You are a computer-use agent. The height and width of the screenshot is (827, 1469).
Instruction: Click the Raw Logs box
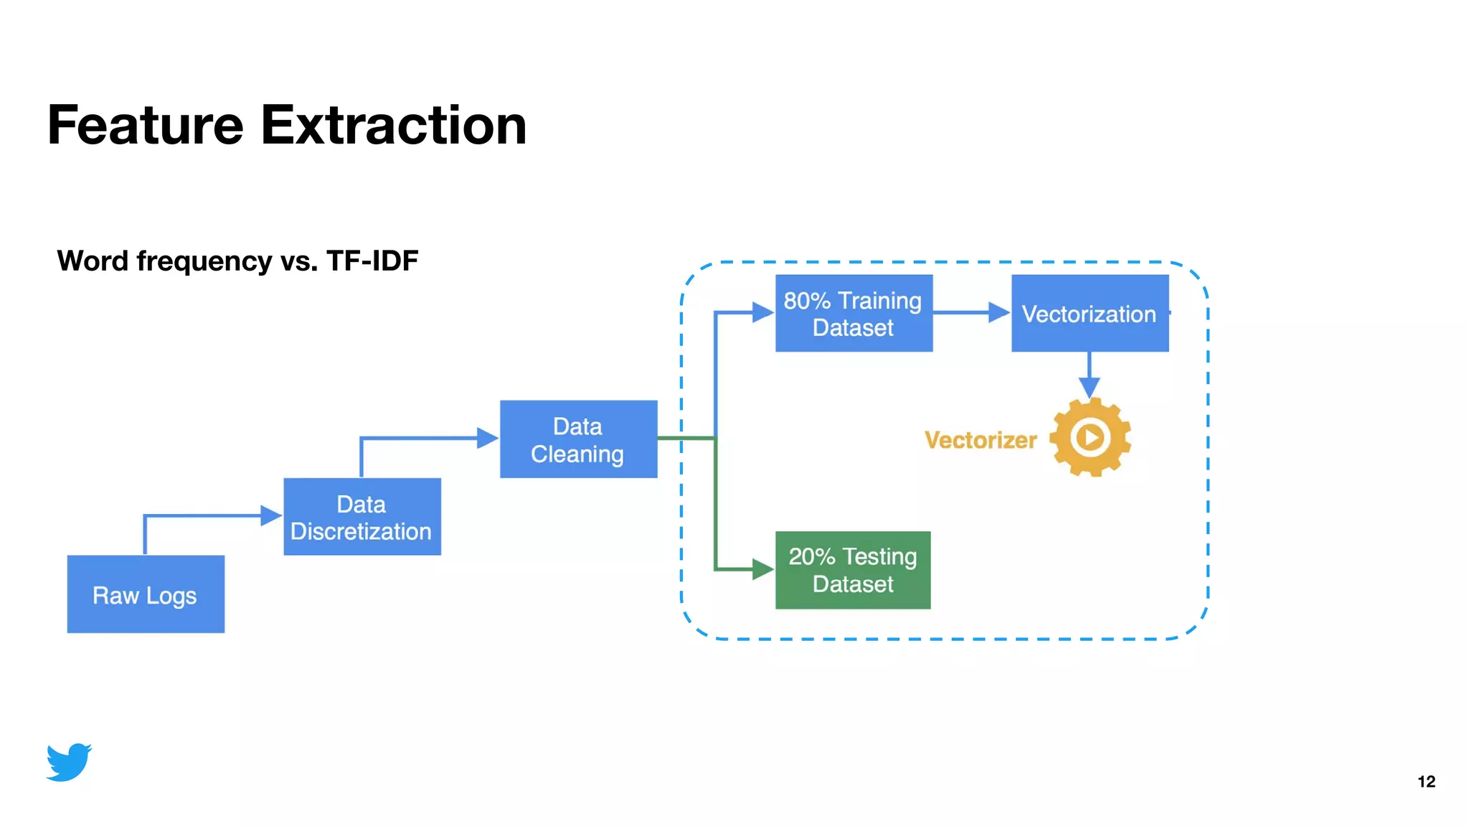(x=146, y=594)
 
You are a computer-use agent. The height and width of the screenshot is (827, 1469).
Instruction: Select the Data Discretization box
(x=362, y=517)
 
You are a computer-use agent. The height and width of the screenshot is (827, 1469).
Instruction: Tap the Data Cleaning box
(x=578, y=439)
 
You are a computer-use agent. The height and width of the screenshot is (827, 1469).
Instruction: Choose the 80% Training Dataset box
(x=854, y=313)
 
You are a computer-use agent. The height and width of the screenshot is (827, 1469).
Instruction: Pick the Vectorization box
(x=1090, y=313)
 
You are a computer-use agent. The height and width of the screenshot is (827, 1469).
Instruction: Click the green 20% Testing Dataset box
(x=853, y=570)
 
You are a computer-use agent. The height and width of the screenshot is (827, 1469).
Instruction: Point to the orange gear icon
(x=1090, y=437)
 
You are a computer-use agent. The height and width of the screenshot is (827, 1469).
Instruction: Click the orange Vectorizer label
(x=981, y=439)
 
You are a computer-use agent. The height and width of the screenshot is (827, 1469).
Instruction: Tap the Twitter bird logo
(x=69, y=762)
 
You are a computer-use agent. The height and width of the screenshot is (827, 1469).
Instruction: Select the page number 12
(x=1426, y=782)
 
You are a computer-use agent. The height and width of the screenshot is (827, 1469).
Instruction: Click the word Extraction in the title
(x=394, y=125)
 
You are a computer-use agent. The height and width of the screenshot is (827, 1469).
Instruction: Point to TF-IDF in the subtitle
(x=372, y=261)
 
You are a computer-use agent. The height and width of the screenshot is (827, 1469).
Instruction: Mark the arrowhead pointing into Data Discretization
(x=271, y=515)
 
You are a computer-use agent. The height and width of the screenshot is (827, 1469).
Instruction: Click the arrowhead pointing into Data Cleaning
(x=488, y=438)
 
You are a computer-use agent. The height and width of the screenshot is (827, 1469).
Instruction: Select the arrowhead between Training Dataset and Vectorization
(x=998, y=312)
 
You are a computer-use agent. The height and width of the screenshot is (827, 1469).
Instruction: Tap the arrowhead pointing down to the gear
(x=1090, y=388)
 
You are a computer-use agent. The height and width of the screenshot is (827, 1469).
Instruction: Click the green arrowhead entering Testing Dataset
(x=762, y=569)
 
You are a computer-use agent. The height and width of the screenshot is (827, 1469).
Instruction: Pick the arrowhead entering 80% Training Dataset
(x=762, y=312)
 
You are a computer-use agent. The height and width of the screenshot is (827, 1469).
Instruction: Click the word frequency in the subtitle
(x=204, y=261)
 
